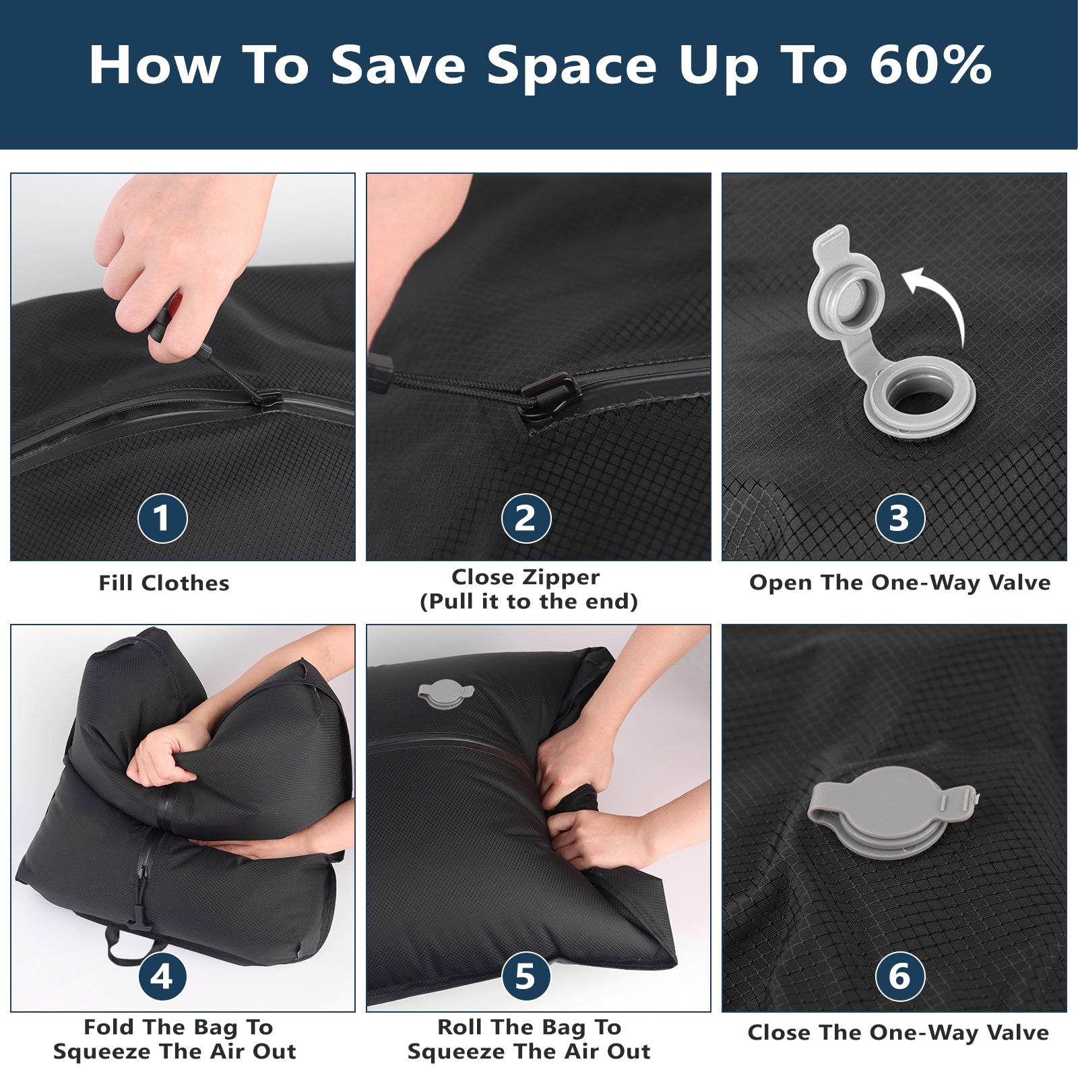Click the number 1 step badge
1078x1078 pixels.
click(162, 518)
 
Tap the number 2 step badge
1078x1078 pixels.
click(526, 518)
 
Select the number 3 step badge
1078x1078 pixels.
click(899, 518)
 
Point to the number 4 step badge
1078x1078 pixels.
click(162, 976)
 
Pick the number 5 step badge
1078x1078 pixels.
click(526, 976)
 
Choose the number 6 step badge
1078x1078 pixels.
click(899, 976)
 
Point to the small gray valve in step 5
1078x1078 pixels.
click(445, 694)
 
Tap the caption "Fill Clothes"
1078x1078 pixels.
click(164, 583)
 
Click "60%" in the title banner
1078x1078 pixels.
click(930, 65)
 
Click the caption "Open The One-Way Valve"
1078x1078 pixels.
click(899, 583)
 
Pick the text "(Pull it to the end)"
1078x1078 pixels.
click(528, 601)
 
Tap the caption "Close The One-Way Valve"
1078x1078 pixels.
click(898, 1032)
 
